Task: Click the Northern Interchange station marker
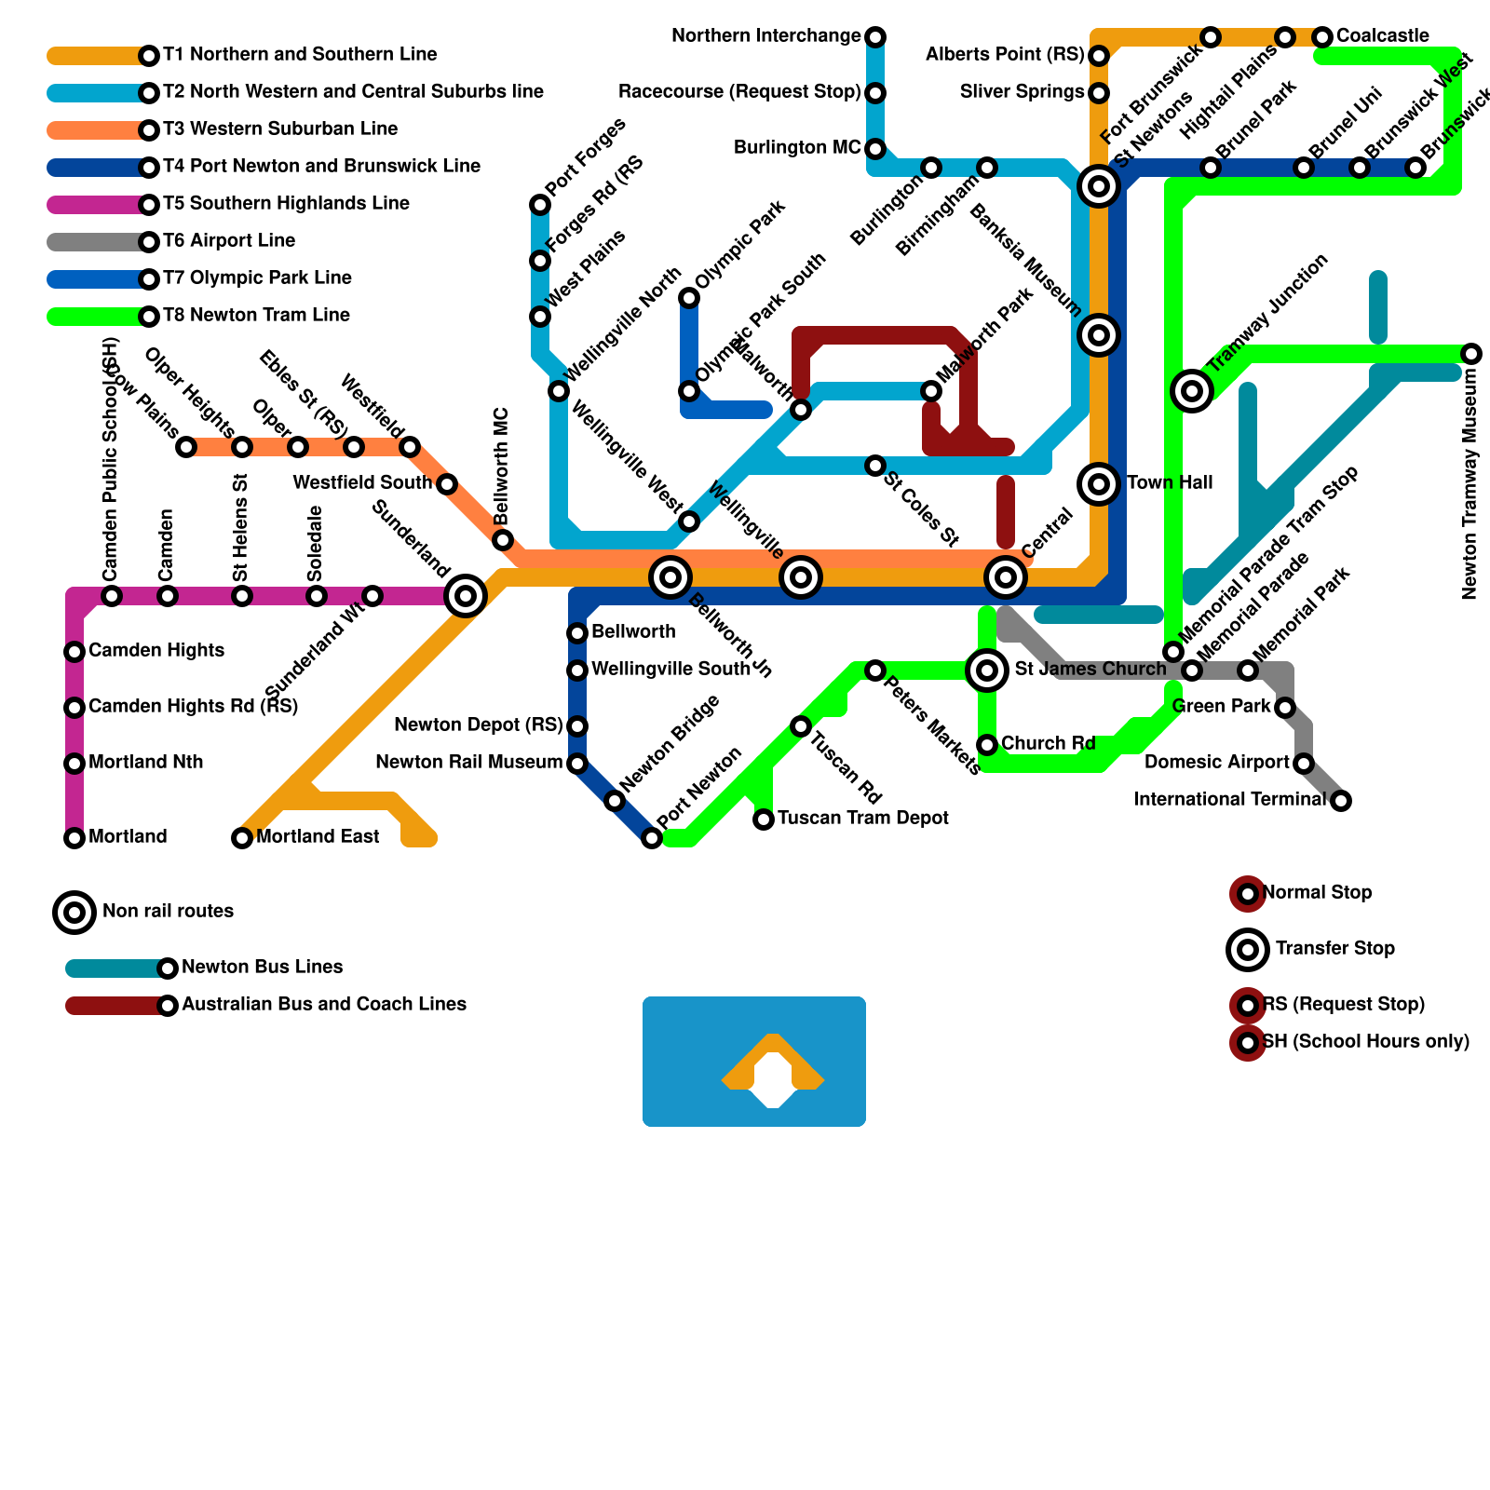[x=875, y=37]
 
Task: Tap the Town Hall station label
[x=1170, y=483]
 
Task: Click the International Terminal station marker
[x=1341, y=801]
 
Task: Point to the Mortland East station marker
[x=242, y=838]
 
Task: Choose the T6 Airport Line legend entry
[x=228, y=241]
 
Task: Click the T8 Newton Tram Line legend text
[x=256, y=316]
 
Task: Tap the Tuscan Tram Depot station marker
[x=764, y=819]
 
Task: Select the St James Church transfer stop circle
[x=987, y=670]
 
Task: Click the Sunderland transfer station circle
[x=466, y=596]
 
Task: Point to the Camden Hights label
[x=156, y=651]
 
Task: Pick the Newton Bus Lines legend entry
[x=262, y=968]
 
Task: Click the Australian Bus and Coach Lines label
[x=324, y=1005]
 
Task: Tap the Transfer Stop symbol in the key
[x=1248, y=950]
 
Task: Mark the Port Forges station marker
[x=540, y=205]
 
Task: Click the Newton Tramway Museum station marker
[x=1471, y=354]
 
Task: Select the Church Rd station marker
[x=987, y=745]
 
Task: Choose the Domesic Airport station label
[x=1216, y=763]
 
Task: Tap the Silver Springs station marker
[x=1099, y=93]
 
